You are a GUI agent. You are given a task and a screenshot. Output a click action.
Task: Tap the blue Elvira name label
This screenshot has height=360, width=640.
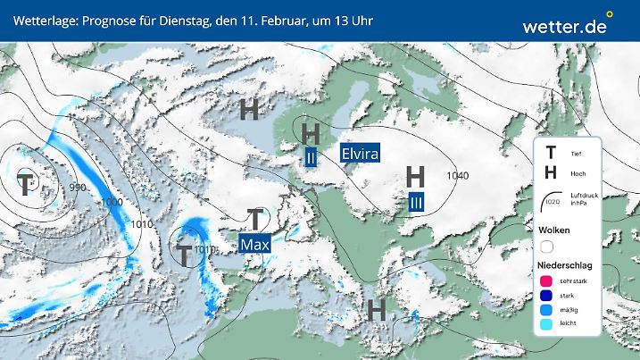click(360, 153)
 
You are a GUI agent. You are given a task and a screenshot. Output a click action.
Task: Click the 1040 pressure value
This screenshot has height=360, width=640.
click(458, 175)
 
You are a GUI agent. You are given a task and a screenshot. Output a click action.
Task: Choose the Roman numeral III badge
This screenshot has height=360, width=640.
click(416, 203)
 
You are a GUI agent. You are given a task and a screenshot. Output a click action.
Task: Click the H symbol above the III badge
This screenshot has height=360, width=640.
click(415, 176)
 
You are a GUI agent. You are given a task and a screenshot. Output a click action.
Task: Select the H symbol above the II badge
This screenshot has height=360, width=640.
click(311, 133)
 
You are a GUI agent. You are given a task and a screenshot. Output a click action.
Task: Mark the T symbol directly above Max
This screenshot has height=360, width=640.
click(256, 218)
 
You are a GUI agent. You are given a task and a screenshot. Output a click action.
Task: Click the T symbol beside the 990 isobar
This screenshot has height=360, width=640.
click(26, 185)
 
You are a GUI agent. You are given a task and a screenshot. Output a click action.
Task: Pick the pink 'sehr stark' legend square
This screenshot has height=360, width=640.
click(546, 281)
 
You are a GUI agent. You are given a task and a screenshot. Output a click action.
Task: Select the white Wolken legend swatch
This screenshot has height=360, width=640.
click(546, 246)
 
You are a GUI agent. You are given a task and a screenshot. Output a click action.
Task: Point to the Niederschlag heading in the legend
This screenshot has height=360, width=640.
click(564, 266)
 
